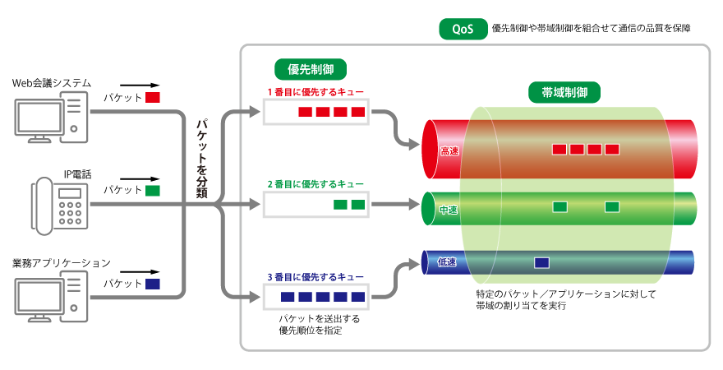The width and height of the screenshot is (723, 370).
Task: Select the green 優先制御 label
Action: point(310,69)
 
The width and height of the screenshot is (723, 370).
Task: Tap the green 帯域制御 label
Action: point(564,92)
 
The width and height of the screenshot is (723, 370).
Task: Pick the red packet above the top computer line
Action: point(153,97)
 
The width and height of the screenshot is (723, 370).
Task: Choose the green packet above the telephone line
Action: point(153,191)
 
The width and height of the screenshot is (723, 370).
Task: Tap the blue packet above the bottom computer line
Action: point(153,284)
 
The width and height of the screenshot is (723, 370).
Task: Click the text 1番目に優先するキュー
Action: point(315,91)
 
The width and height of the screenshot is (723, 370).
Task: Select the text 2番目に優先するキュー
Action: point(315,184)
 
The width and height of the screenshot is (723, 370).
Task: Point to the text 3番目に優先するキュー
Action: point(315,277)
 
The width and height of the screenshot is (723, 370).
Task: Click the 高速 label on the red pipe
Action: point(449,150)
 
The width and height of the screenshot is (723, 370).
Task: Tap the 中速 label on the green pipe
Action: point(449,210)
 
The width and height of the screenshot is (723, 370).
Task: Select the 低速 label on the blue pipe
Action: point(447,262)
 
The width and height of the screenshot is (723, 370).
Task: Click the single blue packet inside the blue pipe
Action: point(541,263)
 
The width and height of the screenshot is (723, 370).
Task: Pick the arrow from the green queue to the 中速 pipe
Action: point(394,204)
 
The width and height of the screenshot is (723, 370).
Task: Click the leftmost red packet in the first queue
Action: point(305,112)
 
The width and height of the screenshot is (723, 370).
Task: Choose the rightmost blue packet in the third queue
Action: point(357,297)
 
